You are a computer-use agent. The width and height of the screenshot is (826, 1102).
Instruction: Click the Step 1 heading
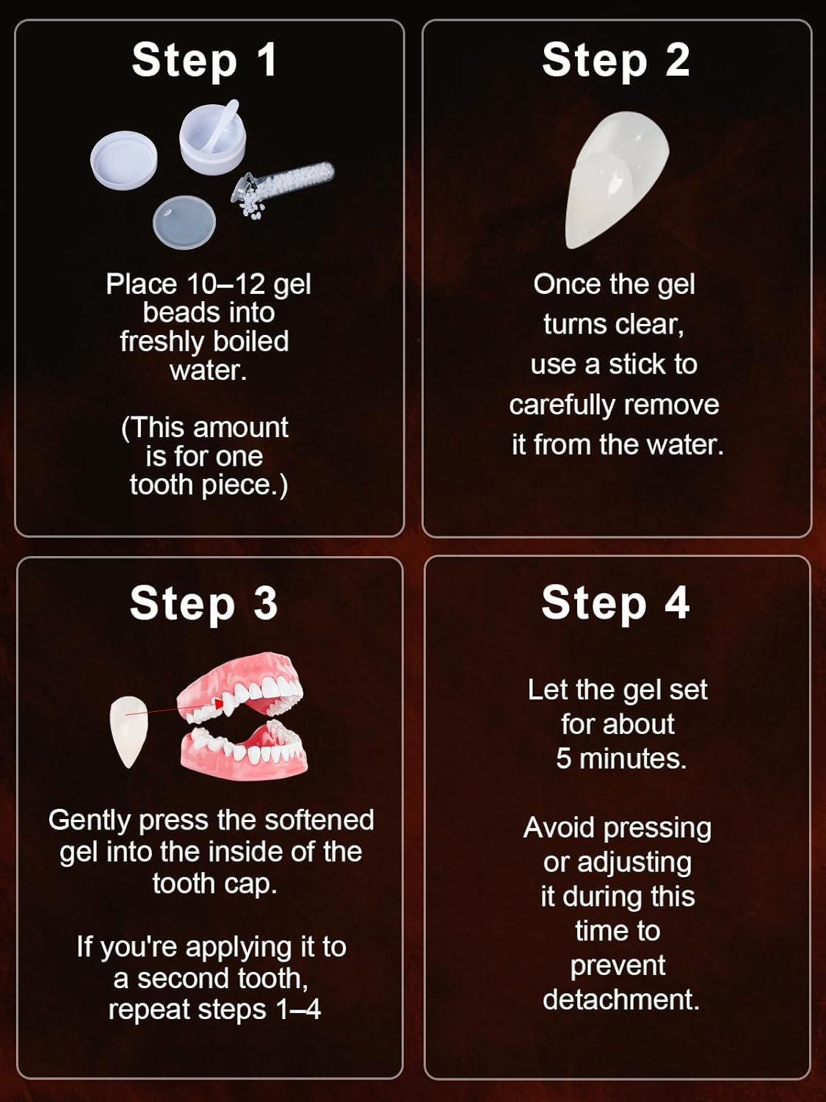[x=204, y=60]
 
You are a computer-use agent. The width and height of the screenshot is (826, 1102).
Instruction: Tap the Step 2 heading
[x=615, y=60]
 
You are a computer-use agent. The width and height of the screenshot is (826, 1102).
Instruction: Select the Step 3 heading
[x=203, y=603]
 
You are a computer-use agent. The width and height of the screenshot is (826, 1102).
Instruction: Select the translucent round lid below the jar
[x=184, y=222]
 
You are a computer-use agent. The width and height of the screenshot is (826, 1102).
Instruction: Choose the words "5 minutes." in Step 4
[x=620, y=758]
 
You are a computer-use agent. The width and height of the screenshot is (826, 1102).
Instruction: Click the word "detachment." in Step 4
[x=620, y=999]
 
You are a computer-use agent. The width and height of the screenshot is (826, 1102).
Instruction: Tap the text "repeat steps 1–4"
[x=214, y=1009]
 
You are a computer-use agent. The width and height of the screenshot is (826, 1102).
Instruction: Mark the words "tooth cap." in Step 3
[x=214, y=883]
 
